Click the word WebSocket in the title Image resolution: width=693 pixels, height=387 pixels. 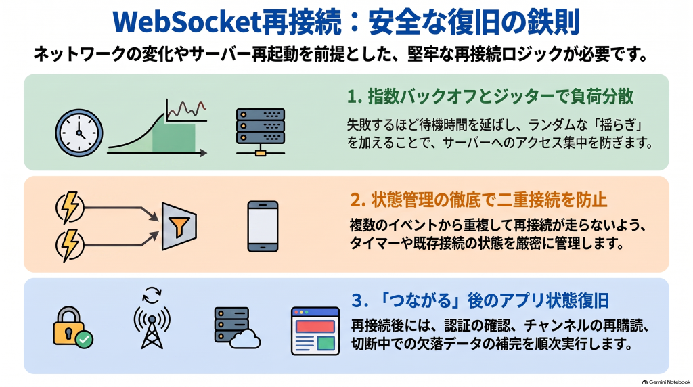pyautogui.click(x=187, y=22)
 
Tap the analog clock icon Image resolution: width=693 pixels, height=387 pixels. pyautogui.click(x=79, y=133)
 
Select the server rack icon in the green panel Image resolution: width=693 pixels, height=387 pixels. pyautogui.click(x=261, y=132)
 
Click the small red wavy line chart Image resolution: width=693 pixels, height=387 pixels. pyautogui.click(x=186, y=109)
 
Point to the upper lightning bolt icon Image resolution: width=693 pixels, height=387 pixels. pyautogui.click(x=70, y=207)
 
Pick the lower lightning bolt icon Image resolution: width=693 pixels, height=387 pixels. pyautogui.click(x=70, y=245)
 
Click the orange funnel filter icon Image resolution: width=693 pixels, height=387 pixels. pyautogui.click(x=179, y=226)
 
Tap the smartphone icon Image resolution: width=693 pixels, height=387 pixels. pyautogui.click(x=263, y=226)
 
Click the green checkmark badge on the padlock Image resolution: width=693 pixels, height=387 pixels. pyautogui.click(x=84, y=339)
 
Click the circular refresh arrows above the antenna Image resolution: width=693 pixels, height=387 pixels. pyautogui.click(x=152, y=295)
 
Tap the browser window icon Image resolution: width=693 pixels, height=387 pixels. pyautogui.click(x=315, y=331)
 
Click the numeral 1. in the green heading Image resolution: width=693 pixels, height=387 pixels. pyautogui.click(x=355, y=97)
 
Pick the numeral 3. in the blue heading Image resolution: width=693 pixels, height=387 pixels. pyautogui.click(x=360, y=301)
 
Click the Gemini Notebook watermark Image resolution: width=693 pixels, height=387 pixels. pyautogui.click(x=666, y=382)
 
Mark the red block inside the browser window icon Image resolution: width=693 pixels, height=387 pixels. pyautogui.click(x=315, y=327)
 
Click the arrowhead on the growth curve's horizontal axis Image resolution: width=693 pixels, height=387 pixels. pyautogui.click(x=203, y=153)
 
